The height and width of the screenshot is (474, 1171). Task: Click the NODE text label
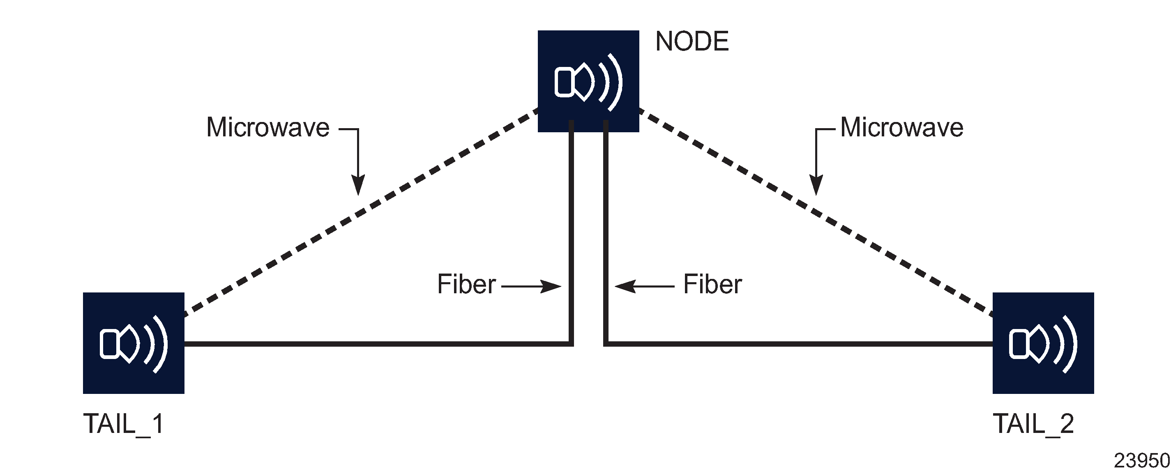click(692, 41)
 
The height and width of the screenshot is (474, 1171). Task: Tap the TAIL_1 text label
click(123, 424)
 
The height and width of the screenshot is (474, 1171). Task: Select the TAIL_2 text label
click(1033, 424)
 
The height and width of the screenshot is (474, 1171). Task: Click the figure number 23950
click(1141, 461)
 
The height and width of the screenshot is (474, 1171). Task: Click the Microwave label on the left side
click(268, 127)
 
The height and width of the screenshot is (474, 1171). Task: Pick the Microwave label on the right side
click(901, 127)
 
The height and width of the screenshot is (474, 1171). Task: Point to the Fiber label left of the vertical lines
click(466, 285)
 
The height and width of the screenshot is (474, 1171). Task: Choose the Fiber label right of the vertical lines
click(712, 285)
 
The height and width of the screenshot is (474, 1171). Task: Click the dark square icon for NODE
click(588, 81)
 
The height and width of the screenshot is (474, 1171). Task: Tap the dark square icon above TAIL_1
click(133, 343)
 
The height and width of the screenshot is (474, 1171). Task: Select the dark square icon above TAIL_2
click(1043, 343)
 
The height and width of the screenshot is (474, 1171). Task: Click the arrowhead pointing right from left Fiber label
click(552, 286)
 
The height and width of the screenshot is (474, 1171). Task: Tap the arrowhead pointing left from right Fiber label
click(624, 286)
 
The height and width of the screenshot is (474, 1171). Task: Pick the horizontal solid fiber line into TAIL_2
click(800, 344)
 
